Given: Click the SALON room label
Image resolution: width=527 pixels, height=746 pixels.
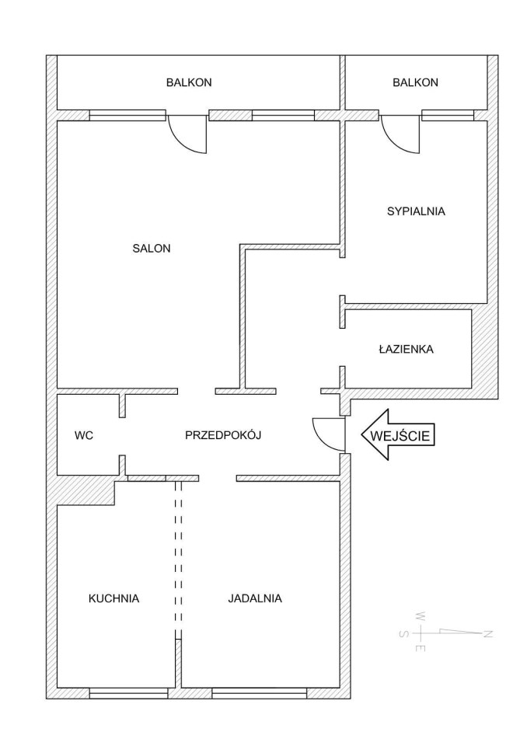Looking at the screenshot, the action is [152, 248].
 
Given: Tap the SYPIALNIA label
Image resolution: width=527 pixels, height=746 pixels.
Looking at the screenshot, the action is [416, 211].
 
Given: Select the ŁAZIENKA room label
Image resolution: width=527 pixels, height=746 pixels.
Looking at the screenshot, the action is [406, 349].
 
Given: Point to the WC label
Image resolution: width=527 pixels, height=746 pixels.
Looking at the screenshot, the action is [84, 435].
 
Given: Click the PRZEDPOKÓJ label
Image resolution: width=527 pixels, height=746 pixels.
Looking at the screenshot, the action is [223, 434].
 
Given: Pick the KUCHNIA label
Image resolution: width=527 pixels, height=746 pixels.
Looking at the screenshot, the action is [113, 598].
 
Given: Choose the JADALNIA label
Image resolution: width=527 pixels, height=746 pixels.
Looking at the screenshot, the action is [255, 598].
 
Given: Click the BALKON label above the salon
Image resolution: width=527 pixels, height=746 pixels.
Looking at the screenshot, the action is [189, 82].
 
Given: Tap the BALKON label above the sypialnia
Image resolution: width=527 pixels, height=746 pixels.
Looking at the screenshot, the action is [415, 82].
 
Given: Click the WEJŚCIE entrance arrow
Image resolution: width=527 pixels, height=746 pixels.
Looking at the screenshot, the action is [399, 435].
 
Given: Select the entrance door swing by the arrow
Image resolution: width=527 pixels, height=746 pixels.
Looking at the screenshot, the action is [329, 434].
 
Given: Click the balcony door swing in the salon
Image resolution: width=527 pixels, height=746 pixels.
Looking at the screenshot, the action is [187, 134].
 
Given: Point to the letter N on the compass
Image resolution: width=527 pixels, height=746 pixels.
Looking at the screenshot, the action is [488, 634].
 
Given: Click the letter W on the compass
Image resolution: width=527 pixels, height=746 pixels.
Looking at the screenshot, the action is [421, 616].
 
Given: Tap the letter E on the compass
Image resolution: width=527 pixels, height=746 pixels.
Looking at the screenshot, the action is [421, 648].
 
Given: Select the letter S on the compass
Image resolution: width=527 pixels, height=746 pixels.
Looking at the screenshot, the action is [403, 634].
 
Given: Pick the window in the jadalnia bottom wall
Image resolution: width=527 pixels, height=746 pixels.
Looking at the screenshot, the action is [260, 692].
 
